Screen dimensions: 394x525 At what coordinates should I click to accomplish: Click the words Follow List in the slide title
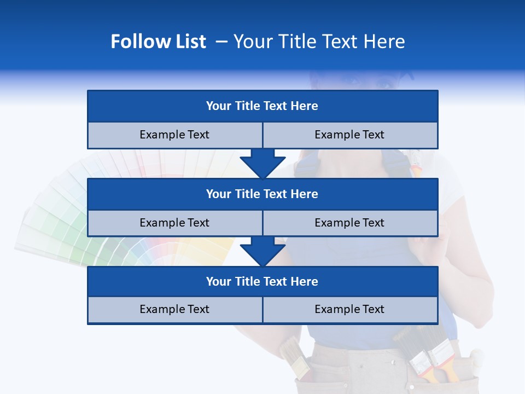point(158,42)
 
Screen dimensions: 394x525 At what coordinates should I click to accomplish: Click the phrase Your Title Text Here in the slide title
point(319,42)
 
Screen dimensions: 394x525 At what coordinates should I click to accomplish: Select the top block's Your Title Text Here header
point(262,106)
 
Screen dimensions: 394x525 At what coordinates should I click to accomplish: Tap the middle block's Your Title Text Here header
point(262,194)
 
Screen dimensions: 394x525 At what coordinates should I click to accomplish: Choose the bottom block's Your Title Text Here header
point(262,281)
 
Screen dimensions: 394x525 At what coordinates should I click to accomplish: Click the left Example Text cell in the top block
point(174,135)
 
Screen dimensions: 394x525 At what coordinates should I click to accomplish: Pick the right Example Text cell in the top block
point(349,135)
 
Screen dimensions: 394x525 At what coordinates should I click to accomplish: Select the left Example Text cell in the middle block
point(174,223)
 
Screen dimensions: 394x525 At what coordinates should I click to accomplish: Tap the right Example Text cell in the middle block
point(349,223)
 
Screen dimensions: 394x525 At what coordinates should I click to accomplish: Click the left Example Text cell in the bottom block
point(174,309)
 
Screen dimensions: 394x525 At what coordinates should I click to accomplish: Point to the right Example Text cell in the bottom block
point(349,309)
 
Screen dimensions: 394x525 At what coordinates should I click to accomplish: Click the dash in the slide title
point(221,42)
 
